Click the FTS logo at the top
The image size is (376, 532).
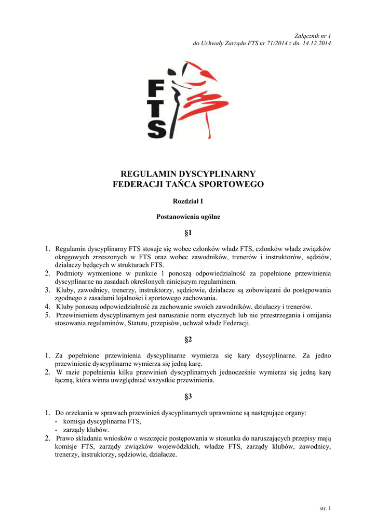(187, 100)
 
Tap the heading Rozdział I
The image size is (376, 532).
(188, 201)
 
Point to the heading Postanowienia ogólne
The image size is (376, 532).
(188, 217)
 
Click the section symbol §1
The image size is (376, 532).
(188, 232)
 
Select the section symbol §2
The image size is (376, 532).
(188, 340)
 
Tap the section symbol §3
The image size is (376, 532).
(188, 397)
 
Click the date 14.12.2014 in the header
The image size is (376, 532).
(315, 43)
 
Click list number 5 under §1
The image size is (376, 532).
(47, 315)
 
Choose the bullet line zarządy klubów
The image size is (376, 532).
(86, 430)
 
